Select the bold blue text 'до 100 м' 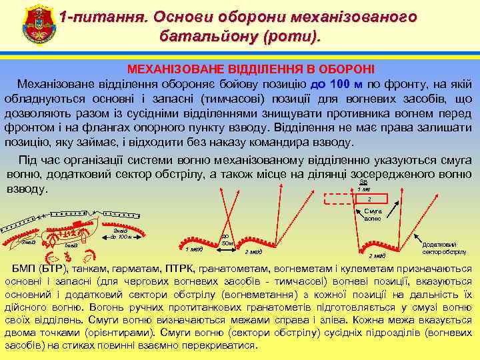point(336,84)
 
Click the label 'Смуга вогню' point(373,215)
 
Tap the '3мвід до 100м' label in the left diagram point(121,233)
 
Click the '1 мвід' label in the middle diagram point(193,250)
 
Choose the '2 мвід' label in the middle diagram point(253,252)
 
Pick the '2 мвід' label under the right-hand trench point(377,257)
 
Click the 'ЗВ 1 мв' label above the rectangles point(363,185)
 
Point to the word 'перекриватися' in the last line point(221,345)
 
